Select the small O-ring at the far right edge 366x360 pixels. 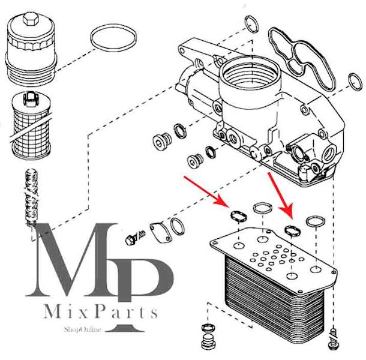pyautogui.click(x=355, y=81)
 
